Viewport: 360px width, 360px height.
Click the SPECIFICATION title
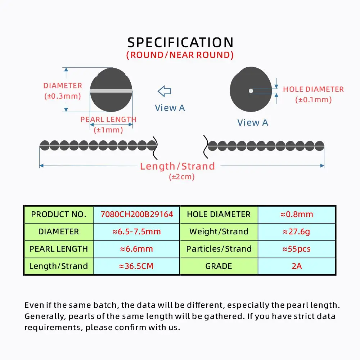[x=180, y=42]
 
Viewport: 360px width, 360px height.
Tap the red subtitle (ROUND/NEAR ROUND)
[x=180, y=55]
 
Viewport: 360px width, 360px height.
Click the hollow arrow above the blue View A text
[x=165, y=91]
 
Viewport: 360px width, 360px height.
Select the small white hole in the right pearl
[x=251, y=91]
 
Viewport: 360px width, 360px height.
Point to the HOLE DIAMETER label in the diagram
[x=313, y=89]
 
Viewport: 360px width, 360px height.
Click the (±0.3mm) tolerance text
[x=62, y=96]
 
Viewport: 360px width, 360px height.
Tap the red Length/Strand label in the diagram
[x=177, y=166]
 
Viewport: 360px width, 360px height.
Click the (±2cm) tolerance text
[x=182, y=177]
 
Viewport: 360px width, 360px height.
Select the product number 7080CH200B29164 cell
[x=136, y=215]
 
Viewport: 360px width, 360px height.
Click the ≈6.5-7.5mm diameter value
[x=136, y=231]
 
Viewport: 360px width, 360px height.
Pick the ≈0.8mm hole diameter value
[x=297, y=215]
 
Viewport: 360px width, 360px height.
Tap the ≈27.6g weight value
[x=297, y=231]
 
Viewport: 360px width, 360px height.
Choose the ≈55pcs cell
[x=297, y=249]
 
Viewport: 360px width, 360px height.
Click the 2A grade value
[x=297, y=266]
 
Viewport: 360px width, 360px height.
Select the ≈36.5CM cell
[x=136, y=266]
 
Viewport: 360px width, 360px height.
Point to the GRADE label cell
[x=219, y=266]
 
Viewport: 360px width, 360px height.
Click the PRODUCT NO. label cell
[x=59, y=215]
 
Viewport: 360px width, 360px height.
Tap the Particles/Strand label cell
[x=219, y=249]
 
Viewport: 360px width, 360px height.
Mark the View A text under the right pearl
[x=253, y=123]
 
